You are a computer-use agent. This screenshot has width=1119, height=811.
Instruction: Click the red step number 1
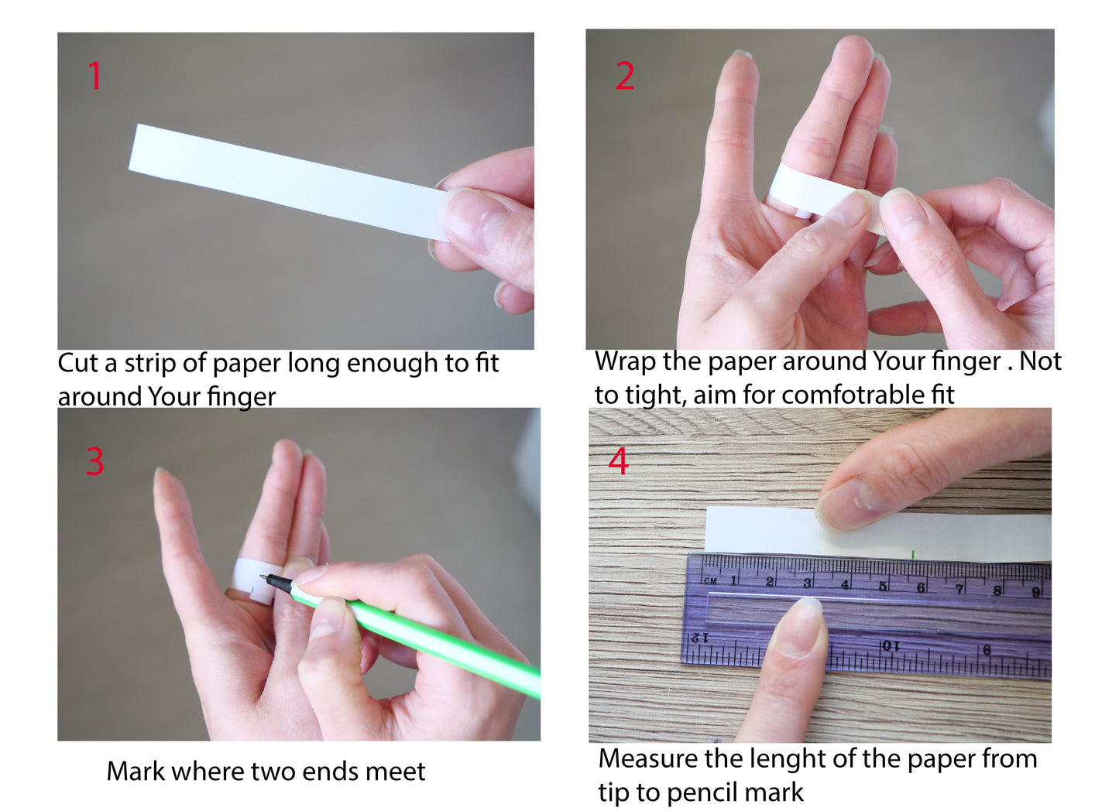95,76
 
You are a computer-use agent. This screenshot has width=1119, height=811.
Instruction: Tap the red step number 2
625,76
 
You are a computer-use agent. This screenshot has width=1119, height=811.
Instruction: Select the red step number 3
95,461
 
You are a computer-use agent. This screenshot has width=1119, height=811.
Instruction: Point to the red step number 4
619,460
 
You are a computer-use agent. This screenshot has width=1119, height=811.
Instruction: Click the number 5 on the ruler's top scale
884,587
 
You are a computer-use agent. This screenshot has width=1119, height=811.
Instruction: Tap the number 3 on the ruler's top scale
808,583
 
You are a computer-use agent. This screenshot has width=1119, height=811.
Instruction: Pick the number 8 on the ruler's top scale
997,591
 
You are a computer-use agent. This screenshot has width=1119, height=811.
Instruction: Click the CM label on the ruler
710,581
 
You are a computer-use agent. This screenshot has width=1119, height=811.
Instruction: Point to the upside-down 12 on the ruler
700,638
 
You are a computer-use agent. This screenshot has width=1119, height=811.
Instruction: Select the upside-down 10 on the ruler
891,646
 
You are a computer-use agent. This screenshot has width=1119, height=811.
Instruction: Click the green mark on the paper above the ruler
913,555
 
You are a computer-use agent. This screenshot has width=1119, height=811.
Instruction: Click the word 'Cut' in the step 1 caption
77,363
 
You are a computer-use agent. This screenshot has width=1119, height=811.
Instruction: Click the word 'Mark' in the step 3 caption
136,771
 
